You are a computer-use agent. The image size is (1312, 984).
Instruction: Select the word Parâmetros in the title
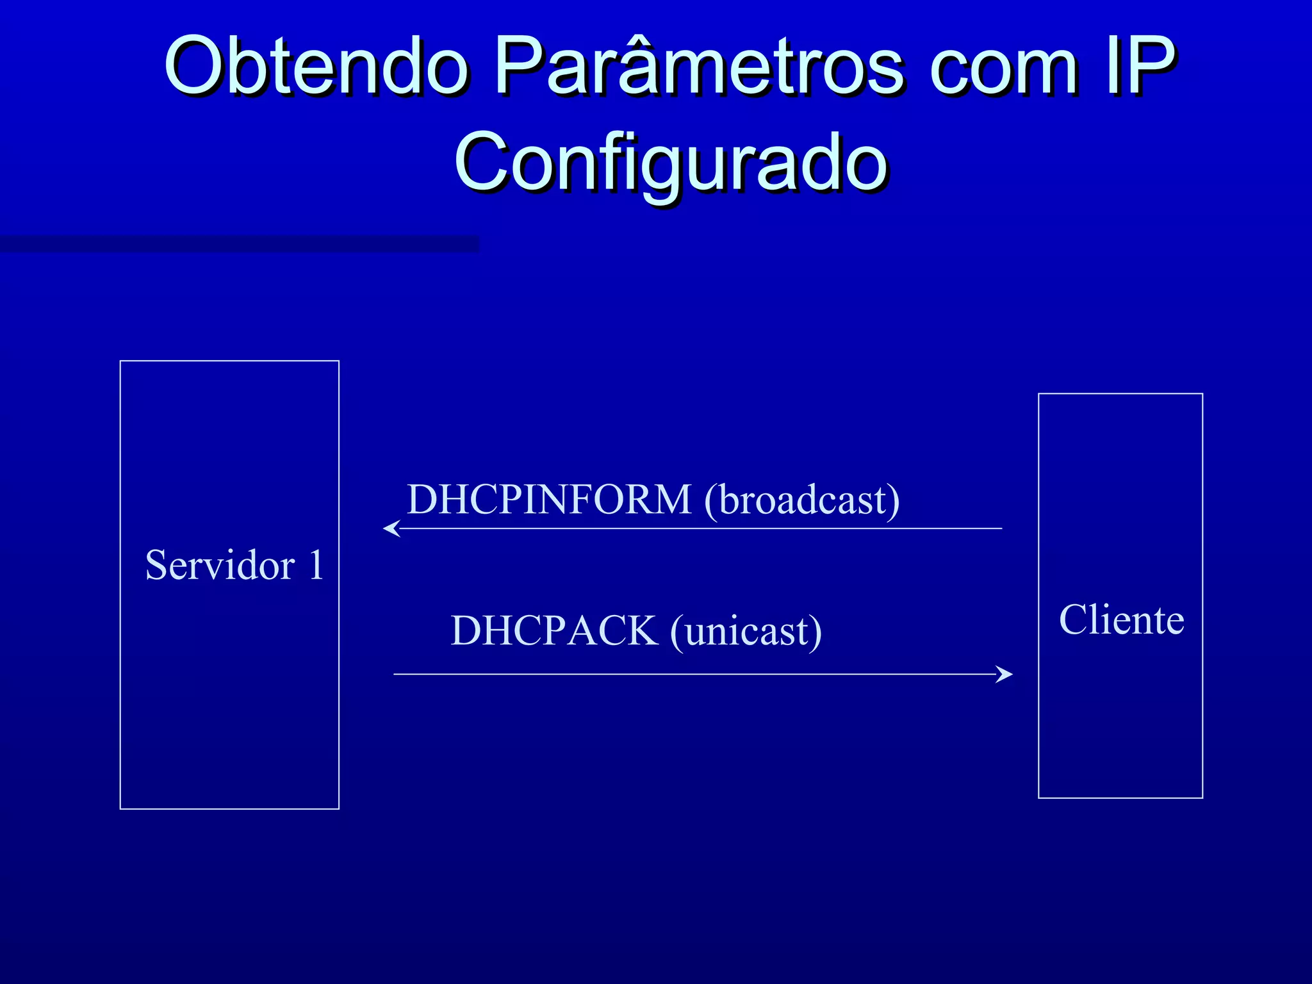click(698, 65)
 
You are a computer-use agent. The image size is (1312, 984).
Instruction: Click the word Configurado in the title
click(670, 163)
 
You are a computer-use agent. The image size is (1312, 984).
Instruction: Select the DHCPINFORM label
click(549, 500)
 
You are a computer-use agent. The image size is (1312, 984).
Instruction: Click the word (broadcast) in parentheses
click(801, 500)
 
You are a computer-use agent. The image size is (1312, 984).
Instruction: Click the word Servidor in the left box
click(220, 566)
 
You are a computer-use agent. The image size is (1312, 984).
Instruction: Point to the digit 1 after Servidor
click(316, 566)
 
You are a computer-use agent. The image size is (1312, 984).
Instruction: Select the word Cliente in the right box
click(1121, 620)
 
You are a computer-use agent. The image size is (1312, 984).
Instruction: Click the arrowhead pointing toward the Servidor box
click(389, 529)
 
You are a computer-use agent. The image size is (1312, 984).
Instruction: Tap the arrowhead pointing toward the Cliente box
click(1006, 674)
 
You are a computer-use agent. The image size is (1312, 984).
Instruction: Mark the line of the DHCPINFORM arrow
click(705, 529)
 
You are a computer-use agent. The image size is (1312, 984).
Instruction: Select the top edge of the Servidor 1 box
click(229, 361)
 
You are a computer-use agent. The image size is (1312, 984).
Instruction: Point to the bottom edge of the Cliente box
click(1120, 798)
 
